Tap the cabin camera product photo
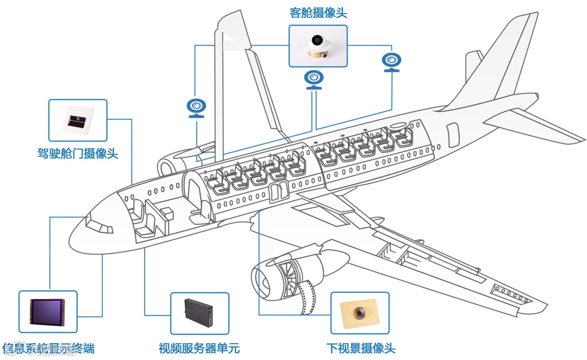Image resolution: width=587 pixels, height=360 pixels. [x=317, y=46]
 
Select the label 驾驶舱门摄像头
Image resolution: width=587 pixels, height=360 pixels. [x=78, y=153]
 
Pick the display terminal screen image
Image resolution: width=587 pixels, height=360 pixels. [x=48, y=312]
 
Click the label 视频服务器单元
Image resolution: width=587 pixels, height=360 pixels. [x=199, y=349]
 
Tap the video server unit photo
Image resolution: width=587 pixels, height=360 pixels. [x=199, y=314]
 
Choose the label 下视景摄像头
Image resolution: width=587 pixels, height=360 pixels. [x=360, y=349]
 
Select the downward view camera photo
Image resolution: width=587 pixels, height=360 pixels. [x=360, y=313]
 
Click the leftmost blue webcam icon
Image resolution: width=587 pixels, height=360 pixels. [x=197, y=108]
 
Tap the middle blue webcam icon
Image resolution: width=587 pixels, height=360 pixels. [x=314, y=79]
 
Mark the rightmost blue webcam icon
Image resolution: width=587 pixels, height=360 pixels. [x=391, y=61]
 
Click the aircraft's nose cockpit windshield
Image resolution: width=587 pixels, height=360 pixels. [x=98, y=224]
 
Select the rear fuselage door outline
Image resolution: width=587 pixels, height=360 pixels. [x=452, y=135]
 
